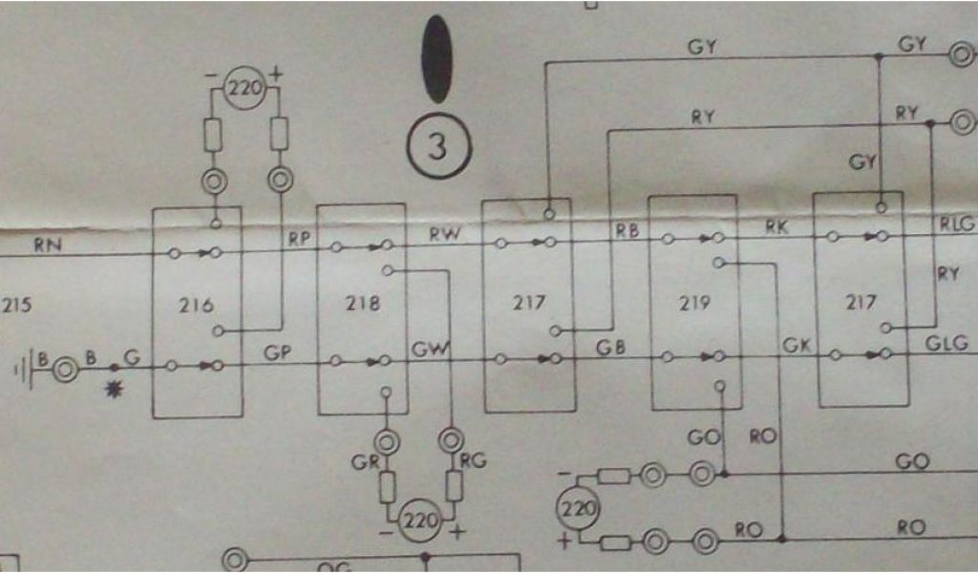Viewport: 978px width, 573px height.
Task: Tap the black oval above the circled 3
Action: [x=436, y=58]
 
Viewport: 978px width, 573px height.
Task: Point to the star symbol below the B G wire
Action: [x=116, y=390]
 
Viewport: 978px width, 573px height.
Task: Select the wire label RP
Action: [x=299, y=240]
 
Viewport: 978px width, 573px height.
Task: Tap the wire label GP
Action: [x=278, y=351]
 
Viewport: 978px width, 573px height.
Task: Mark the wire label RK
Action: [x=775, y=226]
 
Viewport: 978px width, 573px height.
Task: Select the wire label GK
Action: [x=796, y=344]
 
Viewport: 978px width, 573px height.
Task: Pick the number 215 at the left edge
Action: [x=16, y=308]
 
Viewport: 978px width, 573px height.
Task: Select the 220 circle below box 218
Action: [x=418, y=521]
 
